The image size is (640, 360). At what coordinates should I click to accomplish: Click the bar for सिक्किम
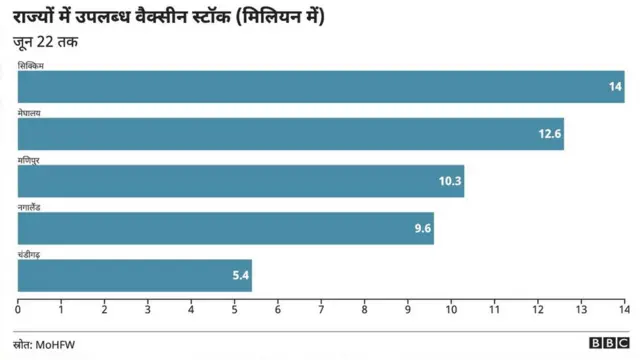click(320, 87)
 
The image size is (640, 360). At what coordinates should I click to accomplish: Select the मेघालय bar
click(290, 134)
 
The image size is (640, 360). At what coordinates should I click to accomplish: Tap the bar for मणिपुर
click(240, 181)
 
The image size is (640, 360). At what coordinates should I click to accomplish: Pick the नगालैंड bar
click(225, 228)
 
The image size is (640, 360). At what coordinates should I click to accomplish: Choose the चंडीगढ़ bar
click(134, 275)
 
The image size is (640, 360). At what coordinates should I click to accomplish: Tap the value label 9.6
click(423, 228)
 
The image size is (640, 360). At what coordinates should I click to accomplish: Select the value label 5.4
click(240, 275)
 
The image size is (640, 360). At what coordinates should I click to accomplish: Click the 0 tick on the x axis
click(18, 310)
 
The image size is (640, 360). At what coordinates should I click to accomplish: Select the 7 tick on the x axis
click(321, 310)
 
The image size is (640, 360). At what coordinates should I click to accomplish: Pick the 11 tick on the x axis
click(495, 310)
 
